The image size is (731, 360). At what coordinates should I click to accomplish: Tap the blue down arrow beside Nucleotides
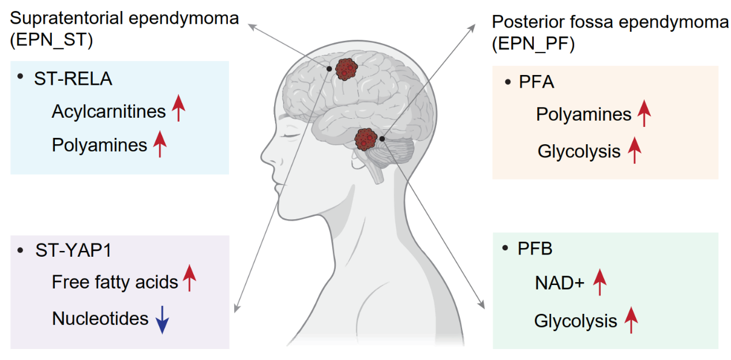163,319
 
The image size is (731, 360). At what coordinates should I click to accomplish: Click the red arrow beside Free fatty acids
190,279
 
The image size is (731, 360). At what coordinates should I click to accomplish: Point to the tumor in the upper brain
347,70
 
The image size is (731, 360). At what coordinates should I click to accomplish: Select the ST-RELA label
73,79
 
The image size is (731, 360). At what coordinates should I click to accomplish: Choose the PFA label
536,82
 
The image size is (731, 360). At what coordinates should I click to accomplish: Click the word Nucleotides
100,318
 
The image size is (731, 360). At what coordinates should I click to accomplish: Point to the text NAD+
559,284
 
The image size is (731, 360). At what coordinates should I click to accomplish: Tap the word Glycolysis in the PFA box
579,151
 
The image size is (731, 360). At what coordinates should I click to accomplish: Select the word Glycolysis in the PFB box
576,321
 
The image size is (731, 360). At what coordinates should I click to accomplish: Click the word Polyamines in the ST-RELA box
99,145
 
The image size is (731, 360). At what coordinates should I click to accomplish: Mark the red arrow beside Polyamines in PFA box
644,114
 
